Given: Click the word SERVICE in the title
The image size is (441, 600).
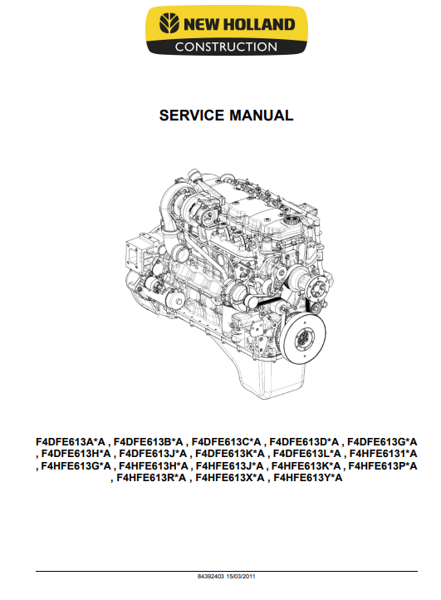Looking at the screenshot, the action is click(x=192, y=116).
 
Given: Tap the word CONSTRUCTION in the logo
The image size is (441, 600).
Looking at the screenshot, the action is click(x=226, y=47).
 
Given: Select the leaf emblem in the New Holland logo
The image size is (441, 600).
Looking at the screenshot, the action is click(x=169, y=23).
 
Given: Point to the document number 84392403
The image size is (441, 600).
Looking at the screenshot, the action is click(x=211, y=576).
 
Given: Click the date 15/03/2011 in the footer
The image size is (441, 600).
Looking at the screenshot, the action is click(x=241, y=576).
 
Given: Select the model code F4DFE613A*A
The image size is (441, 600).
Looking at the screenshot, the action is click(x=71, y=442).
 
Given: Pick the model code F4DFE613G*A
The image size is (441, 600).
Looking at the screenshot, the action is click(x=382, y=442).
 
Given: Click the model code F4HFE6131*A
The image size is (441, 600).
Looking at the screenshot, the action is click(x=383, y=454).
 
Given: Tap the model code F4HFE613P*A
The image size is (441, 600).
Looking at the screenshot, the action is click(x=383, y=466).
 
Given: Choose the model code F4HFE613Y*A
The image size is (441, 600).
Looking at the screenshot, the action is click(x=308, y=478).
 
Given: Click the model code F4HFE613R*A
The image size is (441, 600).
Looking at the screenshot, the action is click(x=151, y=478).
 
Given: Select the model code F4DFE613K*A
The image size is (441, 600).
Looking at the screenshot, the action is click(x=230, y=454).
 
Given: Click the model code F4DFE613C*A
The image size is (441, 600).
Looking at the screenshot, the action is click(x=226, y=442).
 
